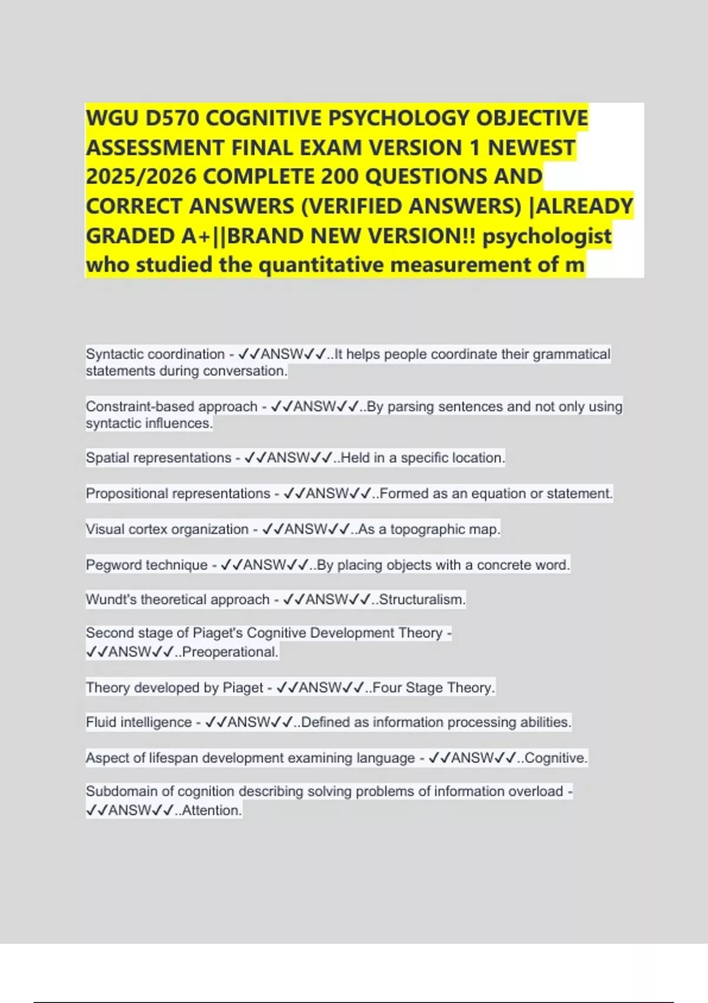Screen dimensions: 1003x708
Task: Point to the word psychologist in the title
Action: click(x=547, y=236)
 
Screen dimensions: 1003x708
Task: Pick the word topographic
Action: click(x=427, y=529)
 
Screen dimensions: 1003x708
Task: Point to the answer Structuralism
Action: click(x=422, y=599)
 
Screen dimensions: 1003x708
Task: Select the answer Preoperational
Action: click(x=230, y=652)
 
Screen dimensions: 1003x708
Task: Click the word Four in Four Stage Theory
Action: click(x=386, y=688)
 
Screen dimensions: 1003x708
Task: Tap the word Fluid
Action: click(x=101, y=722)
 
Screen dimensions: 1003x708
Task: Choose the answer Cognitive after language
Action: click(x=556, y=758)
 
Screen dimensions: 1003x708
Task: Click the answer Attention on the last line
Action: click(x=212, y=811)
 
